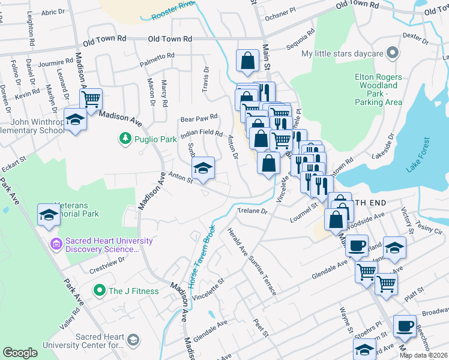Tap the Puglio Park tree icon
[x=125, y=139]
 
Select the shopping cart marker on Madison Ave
[x=91, y=99]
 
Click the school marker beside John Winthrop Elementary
[x=75, y=120]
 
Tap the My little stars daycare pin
[x=393, y=53]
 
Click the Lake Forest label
[x=418, y=155]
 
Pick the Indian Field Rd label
[x=202, y=133]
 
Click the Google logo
[x=20, y=353]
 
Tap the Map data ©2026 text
[x=423, y=355]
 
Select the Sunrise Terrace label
[x=263, y=274]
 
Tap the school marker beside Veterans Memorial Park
[x=48, y=215]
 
